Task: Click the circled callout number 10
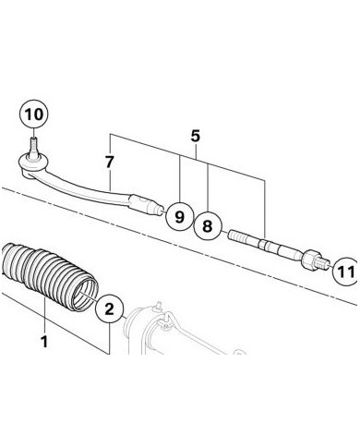coord(34,115)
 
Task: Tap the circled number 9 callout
coord(179,217)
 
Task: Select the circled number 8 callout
coord(208,226)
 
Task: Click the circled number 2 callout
coord(109,308)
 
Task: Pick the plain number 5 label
coord(196,136)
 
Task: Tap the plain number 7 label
coord(109,163)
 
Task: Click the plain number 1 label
coord(44,342)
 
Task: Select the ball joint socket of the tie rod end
coord(32,163)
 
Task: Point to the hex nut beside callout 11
coord(309,260)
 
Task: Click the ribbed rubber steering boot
coord(46,275)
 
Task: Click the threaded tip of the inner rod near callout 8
coord(237,238)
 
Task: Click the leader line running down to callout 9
coord(180,179)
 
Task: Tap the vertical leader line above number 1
coord(45,316)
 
